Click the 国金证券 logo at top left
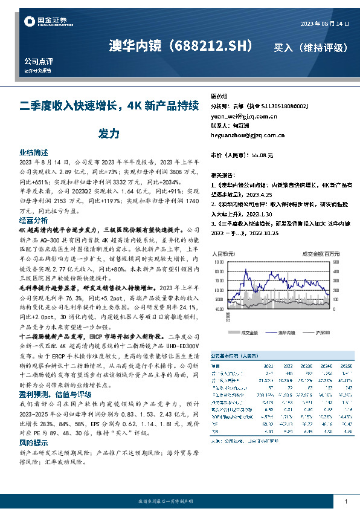tap(42, 22)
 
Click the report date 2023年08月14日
tap(325, 24)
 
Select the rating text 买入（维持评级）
tap(310, 47)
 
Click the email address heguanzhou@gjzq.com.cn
tap(243, 136)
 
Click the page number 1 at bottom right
tap(345, 502)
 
